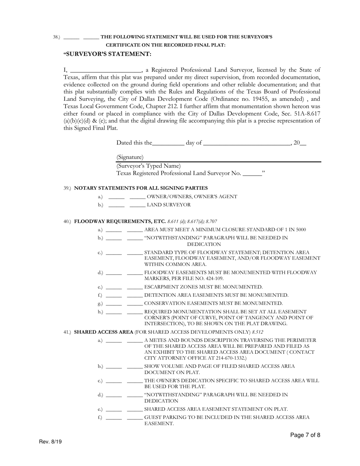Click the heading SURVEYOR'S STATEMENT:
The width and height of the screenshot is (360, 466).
tap(108, 54)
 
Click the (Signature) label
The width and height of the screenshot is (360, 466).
tap(130, 157)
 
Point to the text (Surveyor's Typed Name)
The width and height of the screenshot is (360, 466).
tap(149, 166)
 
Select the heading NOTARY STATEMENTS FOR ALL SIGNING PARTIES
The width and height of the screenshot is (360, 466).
tap(141, 188)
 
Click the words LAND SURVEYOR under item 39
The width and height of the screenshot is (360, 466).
tap(169, 205)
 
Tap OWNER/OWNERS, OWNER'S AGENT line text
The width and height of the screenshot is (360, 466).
tap(192, 197)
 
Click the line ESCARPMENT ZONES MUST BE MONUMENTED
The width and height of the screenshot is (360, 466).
tap(203, 287)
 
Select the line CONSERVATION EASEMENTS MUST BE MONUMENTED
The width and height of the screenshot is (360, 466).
tap(213, 303)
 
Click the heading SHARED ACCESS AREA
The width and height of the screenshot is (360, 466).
tap(103, 332)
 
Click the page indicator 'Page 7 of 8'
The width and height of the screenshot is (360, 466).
tap(305, 435)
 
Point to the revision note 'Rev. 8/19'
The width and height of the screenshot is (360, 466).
tap(50, 442)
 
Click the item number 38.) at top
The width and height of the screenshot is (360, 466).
tap(56, 37)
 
